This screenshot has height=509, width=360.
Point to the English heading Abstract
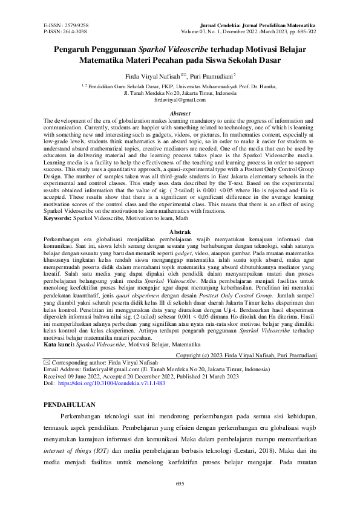pyautogui.click(x=180, y=114)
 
